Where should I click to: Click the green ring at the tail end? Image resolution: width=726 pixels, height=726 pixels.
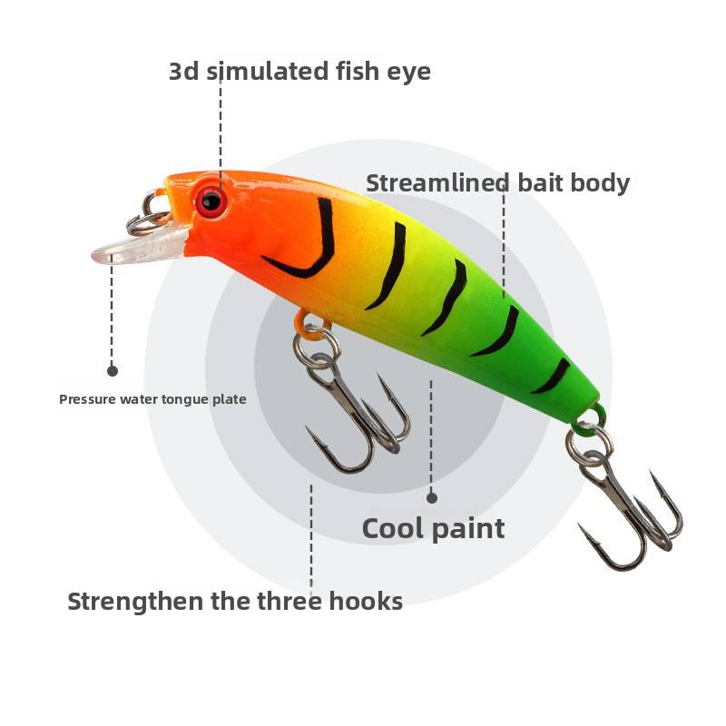point(591,420)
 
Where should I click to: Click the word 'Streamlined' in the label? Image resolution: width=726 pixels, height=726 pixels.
point(437,183)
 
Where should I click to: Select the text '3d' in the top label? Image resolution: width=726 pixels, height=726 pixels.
point(184,72)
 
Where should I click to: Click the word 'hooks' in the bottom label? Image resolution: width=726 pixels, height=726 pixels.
point(364,601)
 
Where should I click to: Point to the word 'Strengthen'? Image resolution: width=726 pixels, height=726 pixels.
point(136,602)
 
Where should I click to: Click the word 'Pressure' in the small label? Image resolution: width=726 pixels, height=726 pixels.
point(84,399)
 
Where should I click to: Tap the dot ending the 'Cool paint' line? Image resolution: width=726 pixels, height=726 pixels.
point(432,497)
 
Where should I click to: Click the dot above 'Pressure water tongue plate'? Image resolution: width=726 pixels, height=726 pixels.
point(113,370)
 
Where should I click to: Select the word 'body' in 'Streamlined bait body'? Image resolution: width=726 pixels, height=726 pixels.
point(599,183)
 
